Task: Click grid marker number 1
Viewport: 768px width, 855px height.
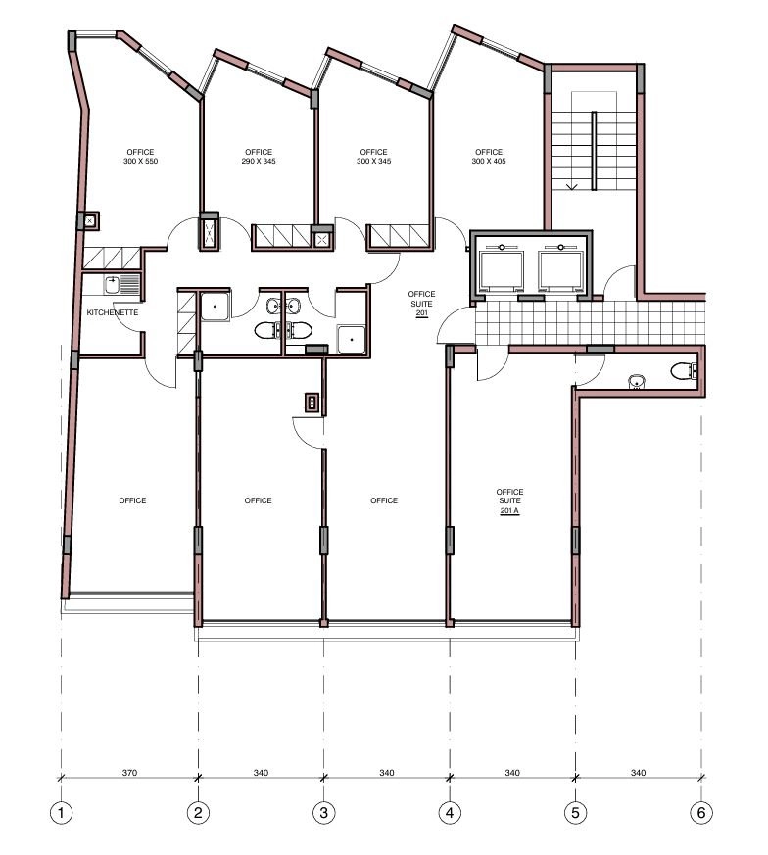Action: tap(61, 813)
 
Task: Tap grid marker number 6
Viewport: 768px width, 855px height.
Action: tap(701, 813)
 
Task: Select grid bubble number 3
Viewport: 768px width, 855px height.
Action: tap(323, 813)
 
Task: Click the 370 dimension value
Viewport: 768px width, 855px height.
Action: tap(129, 773)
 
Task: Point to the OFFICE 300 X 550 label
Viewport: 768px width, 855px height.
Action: tap(140, 157)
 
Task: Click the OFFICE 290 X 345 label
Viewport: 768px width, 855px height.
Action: tap(259, 157)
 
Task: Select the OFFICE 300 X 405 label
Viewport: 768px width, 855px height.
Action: tap(489, 157)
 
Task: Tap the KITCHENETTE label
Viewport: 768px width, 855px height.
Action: tap(113, 312)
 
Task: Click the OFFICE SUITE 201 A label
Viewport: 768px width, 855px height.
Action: tap(509, 501)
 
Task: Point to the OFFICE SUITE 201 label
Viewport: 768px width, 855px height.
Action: tap(421, 304)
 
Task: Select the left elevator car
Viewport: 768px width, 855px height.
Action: tap(501, 270)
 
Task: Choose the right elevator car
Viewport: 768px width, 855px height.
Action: tap(560, 270)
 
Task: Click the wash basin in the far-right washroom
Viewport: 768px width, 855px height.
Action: tap(636, 381)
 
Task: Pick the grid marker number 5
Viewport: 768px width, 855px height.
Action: tap(575, 813)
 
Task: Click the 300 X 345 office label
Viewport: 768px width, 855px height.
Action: tap(373, 157)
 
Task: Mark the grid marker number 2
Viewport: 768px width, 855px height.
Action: tap(198, 813)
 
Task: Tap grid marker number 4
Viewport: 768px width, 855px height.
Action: tap(450, 813)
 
